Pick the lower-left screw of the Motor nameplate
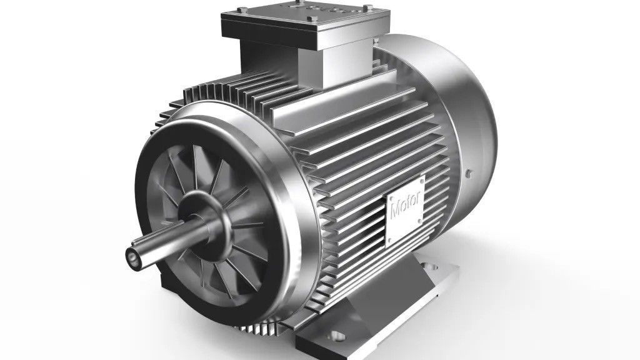coord(389,241)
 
